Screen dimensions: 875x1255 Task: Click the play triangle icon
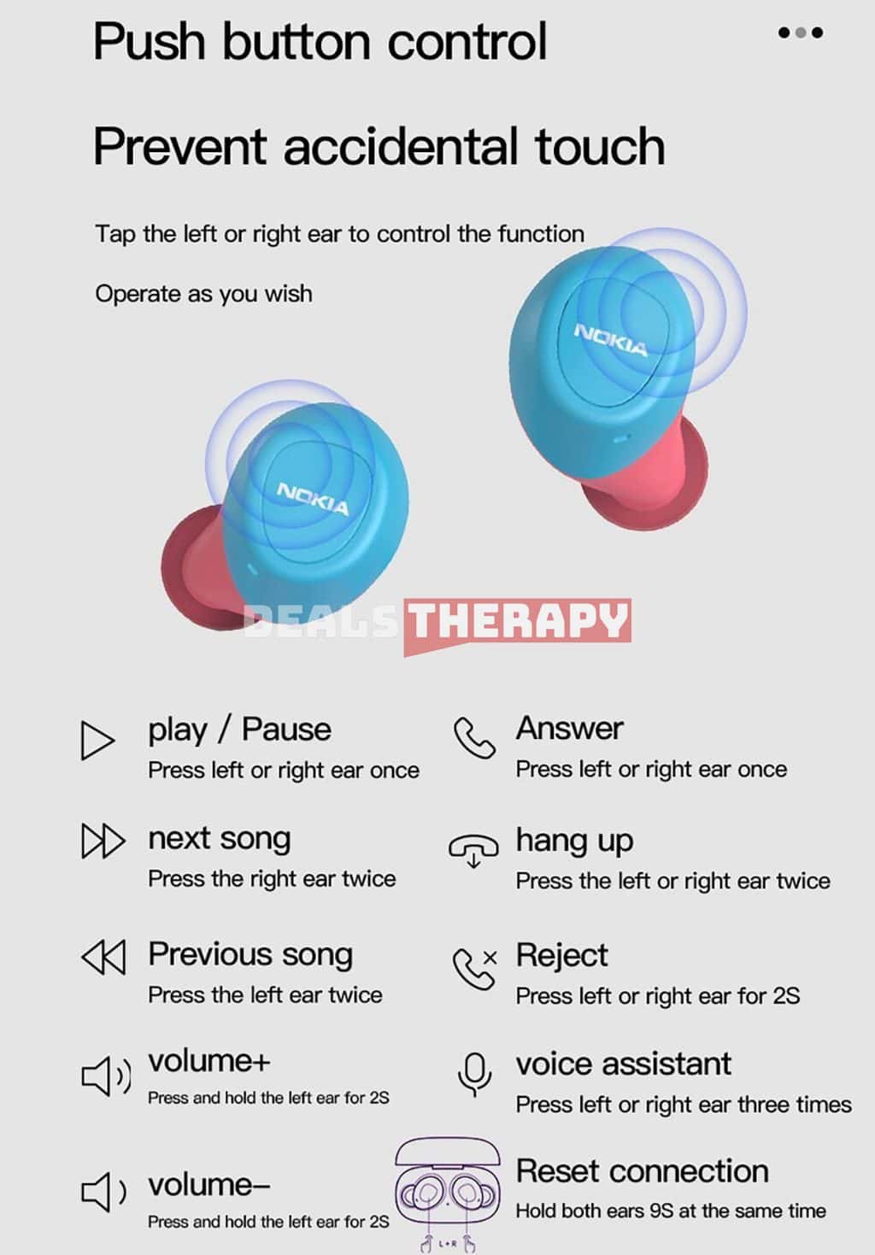[97, 740]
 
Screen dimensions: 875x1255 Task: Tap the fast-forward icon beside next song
[103, 841]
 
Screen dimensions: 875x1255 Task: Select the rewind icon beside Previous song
[103, 958]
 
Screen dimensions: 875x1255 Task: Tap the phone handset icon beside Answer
[474, 737]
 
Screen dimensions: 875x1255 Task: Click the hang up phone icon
[473, 850]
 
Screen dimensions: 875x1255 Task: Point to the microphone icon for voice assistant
[475, 1074]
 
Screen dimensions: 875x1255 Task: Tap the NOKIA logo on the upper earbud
[611, 340]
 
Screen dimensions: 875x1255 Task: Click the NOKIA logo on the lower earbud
[313, 498]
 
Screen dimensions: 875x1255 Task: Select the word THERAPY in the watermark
[517, 620]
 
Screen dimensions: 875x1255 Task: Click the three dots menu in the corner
[801, 32]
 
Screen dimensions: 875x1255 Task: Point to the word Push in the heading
[149, 42]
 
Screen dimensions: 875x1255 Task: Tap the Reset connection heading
[642, 1170]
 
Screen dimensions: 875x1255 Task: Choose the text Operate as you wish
[203, 294]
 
